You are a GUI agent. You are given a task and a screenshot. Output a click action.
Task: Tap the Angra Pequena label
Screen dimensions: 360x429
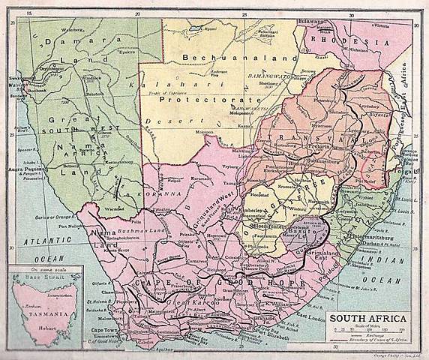20,169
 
